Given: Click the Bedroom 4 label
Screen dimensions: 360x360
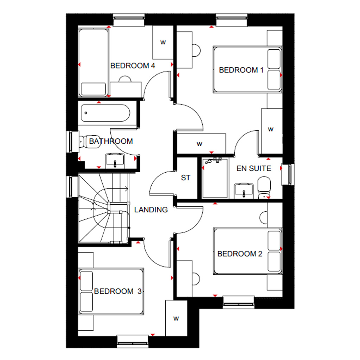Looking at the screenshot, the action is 133,66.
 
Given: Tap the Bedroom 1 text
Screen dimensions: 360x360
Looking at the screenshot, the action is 241,70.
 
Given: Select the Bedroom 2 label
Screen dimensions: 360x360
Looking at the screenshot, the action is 240,254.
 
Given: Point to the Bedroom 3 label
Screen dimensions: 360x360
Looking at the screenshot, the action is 118,291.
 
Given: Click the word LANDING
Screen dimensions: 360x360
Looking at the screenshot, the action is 151,210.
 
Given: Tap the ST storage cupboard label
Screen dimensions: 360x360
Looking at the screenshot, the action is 186,178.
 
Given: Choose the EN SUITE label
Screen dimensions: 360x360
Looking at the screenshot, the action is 254,168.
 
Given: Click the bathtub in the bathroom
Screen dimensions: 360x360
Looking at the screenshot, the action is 105,113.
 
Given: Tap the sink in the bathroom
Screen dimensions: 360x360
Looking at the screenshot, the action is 115,161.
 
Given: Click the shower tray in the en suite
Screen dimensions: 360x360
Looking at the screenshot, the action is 215,178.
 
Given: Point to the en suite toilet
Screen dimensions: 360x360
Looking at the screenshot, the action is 264,187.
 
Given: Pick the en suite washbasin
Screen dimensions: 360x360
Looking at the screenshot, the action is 244,191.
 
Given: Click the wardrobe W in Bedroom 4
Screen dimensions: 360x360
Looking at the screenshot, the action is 163,43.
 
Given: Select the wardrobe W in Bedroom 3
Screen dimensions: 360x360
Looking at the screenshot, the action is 176,318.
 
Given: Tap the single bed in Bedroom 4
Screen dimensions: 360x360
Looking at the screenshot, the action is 94,62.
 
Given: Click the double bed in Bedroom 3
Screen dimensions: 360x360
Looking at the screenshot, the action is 111,291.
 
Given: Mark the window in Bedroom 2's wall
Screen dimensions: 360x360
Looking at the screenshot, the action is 239,302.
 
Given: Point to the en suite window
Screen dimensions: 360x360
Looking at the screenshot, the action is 288,174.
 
